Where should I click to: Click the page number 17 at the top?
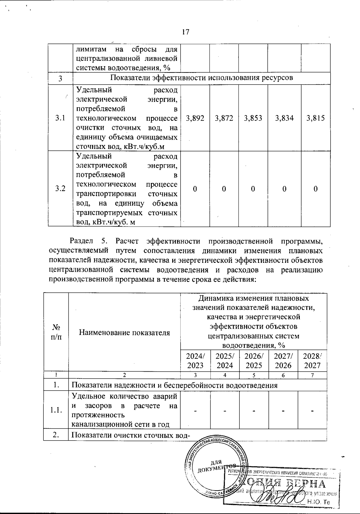coord(186,32)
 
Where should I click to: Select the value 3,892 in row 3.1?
coord(195,118)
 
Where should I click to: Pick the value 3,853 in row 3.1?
coord(253,118)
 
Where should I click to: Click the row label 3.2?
coord(60,189)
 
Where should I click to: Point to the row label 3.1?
coord(60,118)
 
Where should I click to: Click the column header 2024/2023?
coord(195,361)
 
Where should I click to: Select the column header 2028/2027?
coord(312,361)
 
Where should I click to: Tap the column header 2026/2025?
coord(253,361)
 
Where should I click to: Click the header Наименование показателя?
coord(124,332)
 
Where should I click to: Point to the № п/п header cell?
coord(56,332)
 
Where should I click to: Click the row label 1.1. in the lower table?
coord(56,410)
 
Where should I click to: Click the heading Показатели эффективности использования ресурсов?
coord(201,78)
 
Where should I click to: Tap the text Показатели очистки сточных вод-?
coord(131,435)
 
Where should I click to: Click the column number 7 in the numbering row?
coord(312,375)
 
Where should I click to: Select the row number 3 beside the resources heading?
coord(60,79)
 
